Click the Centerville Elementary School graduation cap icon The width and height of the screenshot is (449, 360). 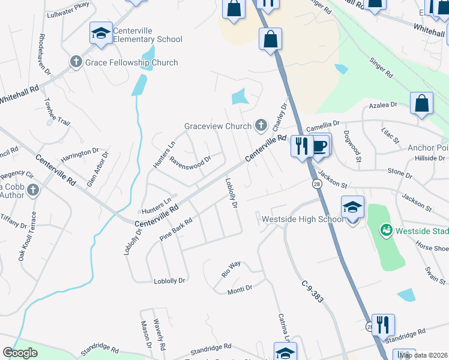point(101,33)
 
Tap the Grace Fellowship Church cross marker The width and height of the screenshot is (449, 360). point(76,62)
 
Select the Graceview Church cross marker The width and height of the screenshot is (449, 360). point(261,125)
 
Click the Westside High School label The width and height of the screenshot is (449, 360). point(302,219)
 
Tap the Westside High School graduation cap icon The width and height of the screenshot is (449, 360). point(353,208)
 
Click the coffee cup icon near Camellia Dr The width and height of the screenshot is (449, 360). point(320,146)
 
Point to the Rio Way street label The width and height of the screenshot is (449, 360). point(231,268)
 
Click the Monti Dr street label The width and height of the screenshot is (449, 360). point(240,289)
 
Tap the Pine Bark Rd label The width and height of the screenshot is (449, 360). point(176,230)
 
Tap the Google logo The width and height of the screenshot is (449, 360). point(20,353)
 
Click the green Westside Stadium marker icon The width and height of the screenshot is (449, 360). point(386,229)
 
